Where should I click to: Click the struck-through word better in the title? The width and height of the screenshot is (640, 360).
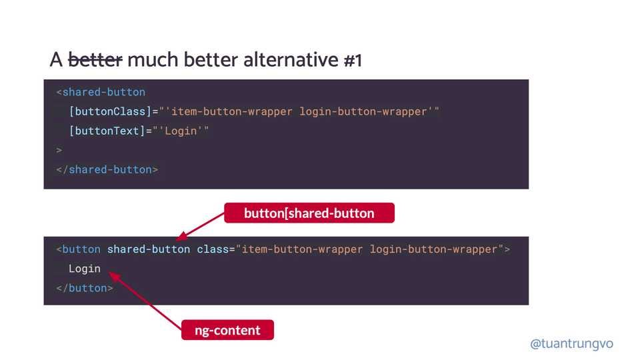[95, 60]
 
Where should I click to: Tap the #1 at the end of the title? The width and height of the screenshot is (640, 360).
[353, 60]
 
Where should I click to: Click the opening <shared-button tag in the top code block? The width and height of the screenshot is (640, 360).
[101, 92]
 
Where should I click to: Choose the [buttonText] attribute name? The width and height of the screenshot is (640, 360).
[107, 131]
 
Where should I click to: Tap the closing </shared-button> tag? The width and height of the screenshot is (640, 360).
[107, 169]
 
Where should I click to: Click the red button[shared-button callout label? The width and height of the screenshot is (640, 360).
[309, 213]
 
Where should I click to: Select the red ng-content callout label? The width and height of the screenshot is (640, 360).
[228, 330]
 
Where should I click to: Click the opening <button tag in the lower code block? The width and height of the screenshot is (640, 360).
[79, 249]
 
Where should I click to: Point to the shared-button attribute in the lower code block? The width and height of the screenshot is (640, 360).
[148, 249]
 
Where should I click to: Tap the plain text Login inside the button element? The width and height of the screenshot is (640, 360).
[85, 269]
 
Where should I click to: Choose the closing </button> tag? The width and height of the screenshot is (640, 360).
[85, 288]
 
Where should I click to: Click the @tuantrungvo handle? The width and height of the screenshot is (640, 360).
[571, 344]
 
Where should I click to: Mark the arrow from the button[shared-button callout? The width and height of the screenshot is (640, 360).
[201, 226]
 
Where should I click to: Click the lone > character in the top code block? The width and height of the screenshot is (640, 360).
[59, 150]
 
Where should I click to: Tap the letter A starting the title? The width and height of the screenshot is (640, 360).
[56, 60]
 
